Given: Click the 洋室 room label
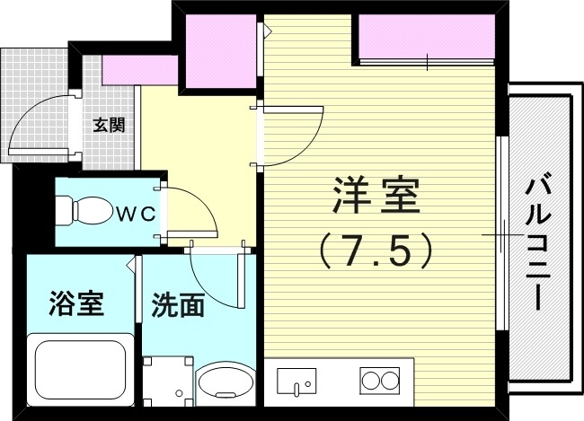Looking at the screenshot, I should [376, 196].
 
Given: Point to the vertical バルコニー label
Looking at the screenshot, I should [539, 243].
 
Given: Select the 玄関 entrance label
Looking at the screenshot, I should [109, 124].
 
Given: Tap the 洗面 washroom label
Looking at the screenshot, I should [177, 305].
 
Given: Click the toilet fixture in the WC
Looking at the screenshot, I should [81, 212].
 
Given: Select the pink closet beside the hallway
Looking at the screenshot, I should [220, 52].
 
